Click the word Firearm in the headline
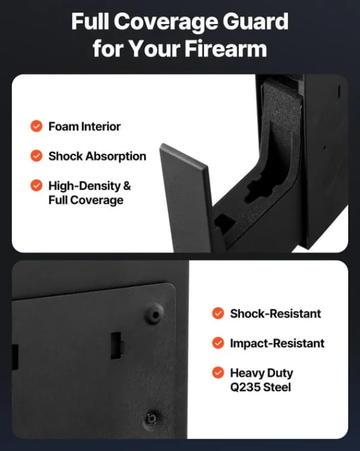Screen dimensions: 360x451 [226, 48]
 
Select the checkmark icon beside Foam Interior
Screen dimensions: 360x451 [37, 126]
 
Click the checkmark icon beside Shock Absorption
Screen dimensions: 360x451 [37, 156]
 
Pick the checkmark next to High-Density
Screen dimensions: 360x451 [37, 185]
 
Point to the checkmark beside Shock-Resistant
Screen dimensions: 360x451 [218, 313]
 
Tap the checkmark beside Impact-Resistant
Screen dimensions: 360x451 [218, 343]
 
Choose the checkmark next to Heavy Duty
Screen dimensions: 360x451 [218, 372]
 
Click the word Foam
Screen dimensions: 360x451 [63, 127]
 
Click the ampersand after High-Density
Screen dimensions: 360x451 [127, 186]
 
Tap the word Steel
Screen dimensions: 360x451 [277, 387]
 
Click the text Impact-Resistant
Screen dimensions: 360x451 [277, 343]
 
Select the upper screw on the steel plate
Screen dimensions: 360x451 [155, 314]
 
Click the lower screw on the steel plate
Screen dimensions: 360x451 [152, 417]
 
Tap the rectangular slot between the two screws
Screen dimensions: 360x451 [116, 345]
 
